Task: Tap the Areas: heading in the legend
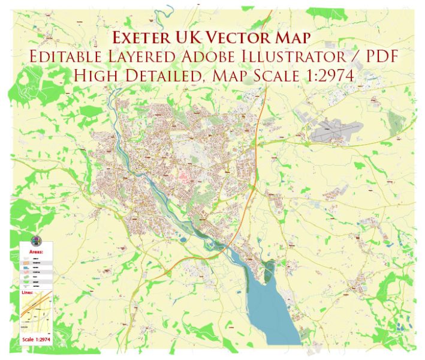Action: (36, 253)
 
